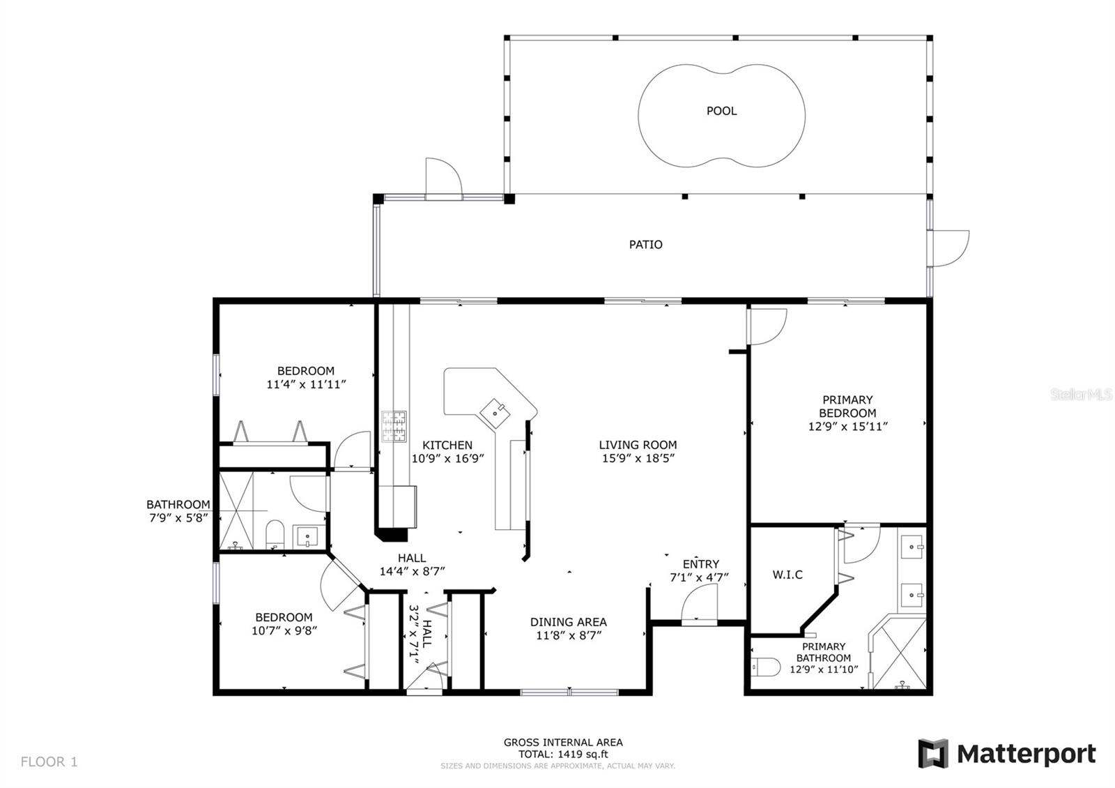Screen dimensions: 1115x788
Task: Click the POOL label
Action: (721, 111)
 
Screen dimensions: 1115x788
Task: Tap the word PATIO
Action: (645, 245)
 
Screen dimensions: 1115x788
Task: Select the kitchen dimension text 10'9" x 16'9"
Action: (447, 458)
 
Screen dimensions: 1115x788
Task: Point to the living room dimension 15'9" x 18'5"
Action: (638, 458)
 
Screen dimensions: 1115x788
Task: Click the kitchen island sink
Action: (495, 413)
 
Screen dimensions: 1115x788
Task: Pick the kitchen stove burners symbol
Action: (394, 426)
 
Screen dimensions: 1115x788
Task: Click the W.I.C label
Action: (787, 575)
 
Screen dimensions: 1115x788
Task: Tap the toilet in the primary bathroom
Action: (766, 667)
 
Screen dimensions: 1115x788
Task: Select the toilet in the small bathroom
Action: (275, 534)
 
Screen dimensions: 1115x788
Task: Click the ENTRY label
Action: (701, 564)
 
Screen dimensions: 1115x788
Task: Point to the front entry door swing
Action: (699, 603)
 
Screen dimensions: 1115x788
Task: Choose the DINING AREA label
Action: (569, 622)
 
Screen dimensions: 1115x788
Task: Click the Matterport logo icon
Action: (933, 754)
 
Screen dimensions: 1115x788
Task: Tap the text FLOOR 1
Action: (49, 762)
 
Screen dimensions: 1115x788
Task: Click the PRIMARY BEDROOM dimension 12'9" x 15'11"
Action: (847, 426)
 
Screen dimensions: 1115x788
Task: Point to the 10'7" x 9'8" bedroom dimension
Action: (284, 630)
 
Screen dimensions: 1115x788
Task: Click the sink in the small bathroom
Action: (308, 536)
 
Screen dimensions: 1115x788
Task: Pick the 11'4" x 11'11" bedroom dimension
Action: (306, 384)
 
